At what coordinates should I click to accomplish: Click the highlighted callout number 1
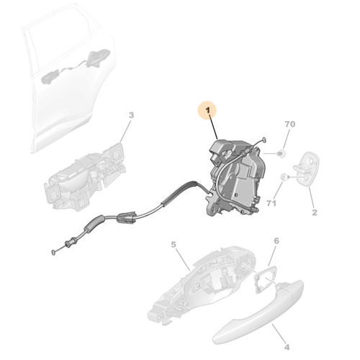tap(209, 110)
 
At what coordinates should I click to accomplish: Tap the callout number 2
tap(314, 213)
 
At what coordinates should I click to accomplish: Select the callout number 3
tap(131, 115)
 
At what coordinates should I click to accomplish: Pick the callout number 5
tap(174, 245)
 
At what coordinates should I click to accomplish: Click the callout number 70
tap(290, 125)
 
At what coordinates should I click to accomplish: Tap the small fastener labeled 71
tap(285, 176)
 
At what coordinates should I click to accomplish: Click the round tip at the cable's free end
tap(54, 252)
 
